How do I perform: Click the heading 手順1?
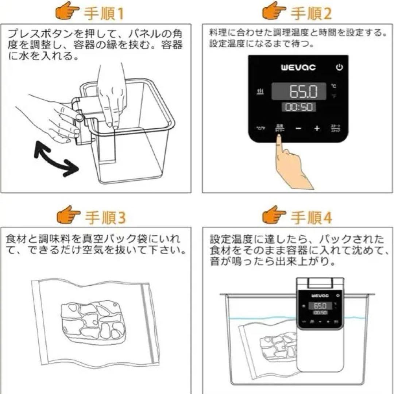104,13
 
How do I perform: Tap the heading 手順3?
105,218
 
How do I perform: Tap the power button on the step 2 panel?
339,67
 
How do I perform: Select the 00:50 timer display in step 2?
298,107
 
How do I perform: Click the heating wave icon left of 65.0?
260,91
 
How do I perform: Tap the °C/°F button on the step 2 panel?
260,128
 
